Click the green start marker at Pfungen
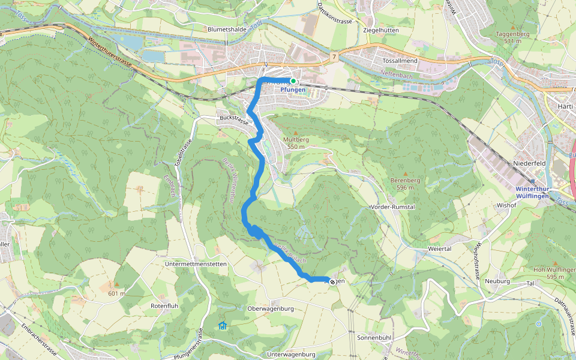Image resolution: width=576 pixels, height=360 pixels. tap(293, 80)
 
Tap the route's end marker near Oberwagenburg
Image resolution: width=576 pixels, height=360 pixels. tap(332, 281)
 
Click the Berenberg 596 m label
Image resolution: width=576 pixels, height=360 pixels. tap(403, 184)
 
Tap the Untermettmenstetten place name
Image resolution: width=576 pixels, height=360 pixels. tap(195, 263)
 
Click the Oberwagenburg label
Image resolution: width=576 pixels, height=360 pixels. tap(269, 308)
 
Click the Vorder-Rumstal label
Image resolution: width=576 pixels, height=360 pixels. tap(393, 206)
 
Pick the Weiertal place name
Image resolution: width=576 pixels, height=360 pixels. tap(439, 248)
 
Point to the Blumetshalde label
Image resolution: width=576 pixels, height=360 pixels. tap(227, 29)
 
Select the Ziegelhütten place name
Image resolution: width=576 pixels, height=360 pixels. tap(382, 29)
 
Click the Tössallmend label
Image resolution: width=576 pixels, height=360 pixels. tap(400, 61)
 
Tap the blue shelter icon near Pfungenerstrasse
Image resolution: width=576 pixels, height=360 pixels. tap(223, 325)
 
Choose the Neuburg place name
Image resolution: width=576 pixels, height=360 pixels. tap(497, 281)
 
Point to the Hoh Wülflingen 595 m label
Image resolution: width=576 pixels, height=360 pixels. tap(546, 273)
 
